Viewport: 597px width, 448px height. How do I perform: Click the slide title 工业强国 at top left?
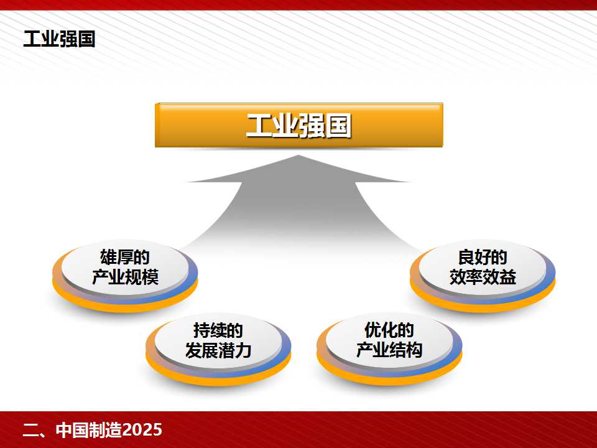(59, 39)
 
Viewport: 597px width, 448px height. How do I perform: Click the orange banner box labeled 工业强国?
(299, 125)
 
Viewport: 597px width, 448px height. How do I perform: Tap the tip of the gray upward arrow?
(298, 156)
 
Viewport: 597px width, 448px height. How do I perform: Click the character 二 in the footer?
(30, 430)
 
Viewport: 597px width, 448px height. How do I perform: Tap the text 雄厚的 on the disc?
(125, 258)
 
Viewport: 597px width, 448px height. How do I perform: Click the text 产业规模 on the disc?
(125, 277)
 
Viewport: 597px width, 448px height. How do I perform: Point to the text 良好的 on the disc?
(483, 258)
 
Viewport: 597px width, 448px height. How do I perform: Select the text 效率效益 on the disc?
(483, 277)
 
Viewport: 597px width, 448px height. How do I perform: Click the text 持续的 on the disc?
(218, 330)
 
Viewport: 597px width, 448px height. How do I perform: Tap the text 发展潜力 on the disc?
(218, 350)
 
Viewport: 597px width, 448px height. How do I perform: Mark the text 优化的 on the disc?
(389, 330)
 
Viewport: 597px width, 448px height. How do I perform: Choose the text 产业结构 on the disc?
(389, 350)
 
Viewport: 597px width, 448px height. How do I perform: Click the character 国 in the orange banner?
(338, 125)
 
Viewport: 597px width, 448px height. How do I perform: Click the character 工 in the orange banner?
(259, 125)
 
